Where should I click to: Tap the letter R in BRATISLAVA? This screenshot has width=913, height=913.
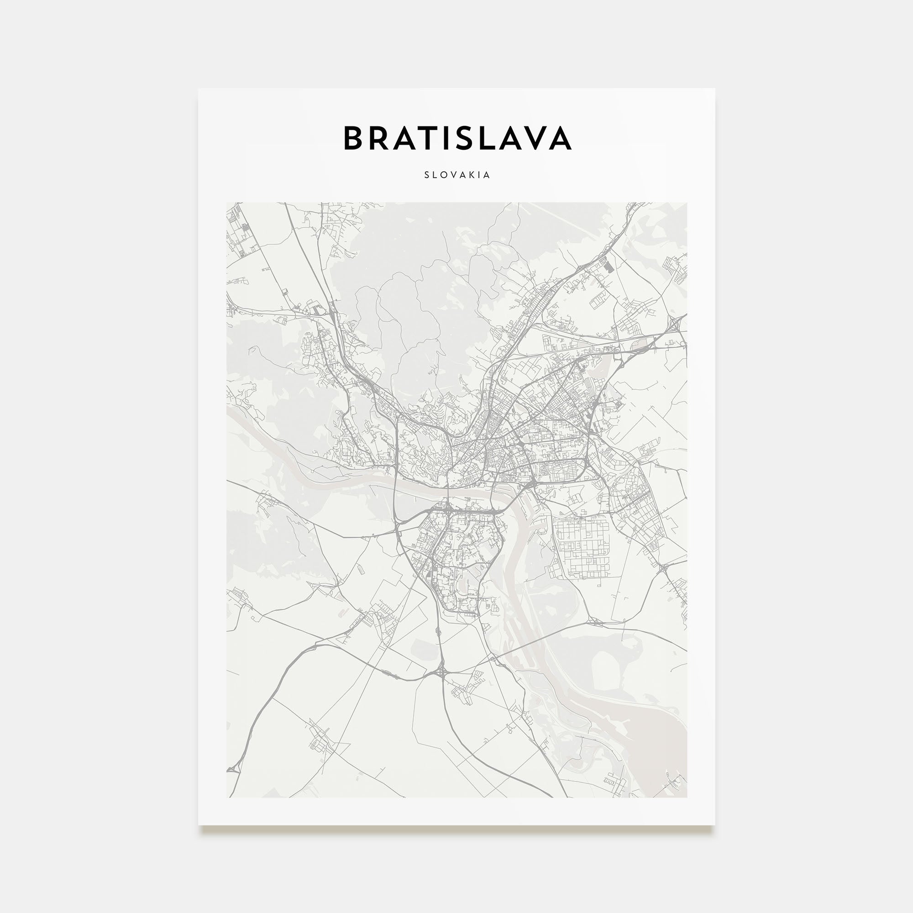(x=381, y=138)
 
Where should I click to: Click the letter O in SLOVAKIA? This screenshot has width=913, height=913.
(x=444, y=175)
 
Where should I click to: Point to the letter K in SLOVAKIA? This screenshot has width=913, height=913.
(x=471, y=175)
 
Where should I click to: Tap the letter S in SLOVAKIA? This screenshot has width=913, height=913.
(x=427, y=175)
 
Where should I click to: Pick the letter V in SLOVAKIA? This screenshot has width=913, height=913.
(x=453, y=175)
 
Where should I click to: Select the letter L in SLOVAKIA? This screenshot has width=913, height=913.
(x=435, y=175)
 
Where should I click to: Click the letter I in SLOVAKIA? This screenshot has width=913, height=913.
(x=479, y=175)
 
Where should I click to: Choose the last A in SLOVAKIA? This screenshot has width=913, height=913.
(x=487, y=175)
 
